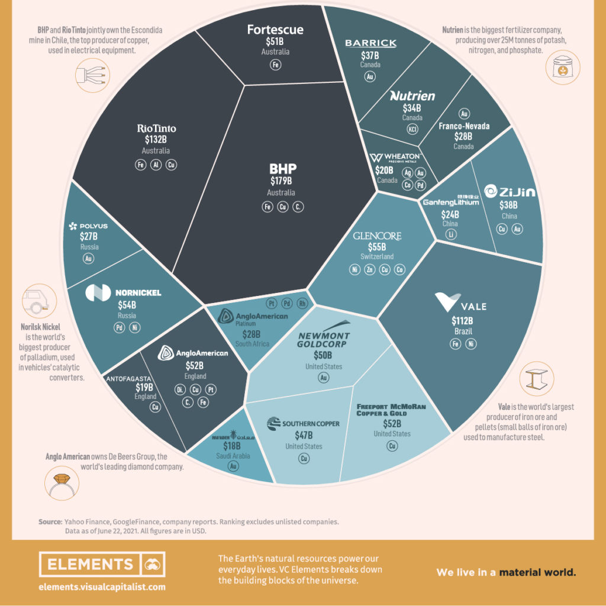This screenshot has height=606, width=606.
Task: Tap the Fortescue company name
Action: point(275,29)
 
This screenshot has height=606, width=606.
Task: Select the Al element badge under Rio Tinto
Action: point(156,165)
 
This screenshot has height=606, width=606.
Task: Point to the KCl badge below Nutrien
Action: point(412,130)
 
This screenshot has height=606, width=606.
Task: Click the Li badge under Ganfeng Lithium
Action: point(452,236)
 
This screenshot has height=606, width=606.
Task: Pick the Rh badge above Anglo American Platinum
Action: point(302,303)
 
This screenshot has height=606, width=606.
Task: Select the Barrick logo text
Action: point(370,43)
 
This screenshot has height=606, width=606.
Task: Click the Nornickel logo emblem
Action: point(97,292)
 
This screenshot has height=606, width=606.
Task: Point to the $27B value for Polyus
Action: point(89,237)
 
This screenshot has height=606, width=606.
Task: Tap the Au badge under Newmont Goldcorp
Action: point(323,378)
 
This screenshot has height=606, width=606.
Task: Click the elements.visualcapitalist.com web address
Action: point(102,588)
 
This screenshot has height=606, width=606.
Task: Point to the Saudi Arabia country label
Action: point(235,456)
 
